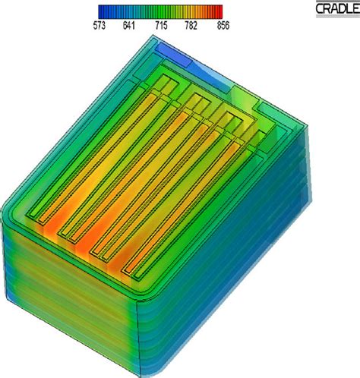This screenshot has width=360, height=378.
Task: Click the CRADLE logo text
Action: (335, 8)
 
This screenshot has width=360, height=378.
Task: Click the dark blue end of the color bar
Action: (103, 11)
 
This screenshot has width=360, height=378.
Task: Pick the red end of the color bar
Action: (219, 11)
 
